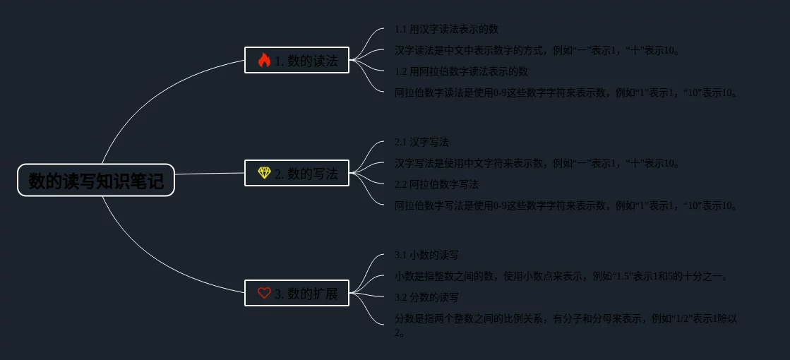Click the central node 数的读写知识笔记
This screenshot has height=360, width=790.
click(x=96, y=181)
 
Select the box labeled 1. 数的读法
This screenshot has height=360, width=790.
click(x=297, y=61)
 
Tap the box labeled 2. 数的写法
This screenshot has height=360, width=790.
click(x=297, y=173)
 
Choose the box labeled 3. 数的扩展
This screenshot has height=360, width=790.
click(x=297, y=293)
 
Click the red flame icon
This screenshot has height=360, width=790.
click(x=264, y=61)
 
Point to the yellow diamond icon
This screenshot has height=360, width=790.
click(x=264, y=173)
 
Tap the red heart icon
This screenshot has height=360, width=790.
click(x=264, y=293)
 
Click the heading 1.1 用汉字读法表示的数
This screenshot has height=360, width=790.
click(x=446, y=29)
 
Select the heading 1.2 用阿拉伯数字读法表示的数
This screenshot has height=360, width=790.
click(x=461, y=71)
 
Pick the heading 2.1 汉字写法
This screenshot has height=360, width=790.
click(x=421, y=142)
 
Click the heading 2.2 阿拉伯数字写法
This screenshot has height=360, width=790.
click(x=436, y=184)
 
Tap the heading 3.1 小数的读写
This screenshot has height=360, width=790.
click(x=426, y=255)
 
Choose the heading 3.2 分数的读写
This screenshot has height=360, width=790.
click(x=426, y=297)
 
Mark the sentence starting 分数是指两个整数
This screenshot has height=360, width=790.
click(x=565, y=319)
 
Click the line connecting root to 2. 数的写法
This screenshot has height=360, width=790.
click(x=210, y=174)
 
